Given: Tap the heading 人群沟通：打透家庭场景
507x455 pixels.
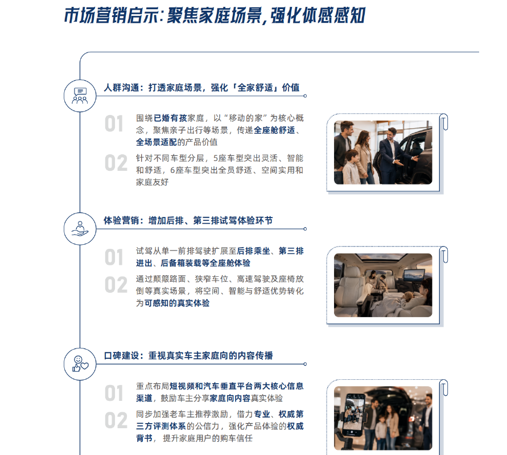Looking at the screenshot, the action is click(x=152, y=88).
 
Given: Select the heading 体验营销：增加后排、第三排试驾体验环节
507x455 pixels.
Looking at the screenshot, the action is click(x=188, y=221).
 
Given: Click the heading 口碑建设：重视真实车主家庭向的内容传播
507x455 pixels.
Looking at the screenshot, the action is click(x=188, y=356).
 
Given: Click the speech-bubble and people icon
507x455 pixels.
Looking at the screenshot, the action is click(x=80, y=96).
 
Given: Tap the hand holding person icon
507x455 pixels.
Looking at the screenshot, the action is click(x=80, y=229).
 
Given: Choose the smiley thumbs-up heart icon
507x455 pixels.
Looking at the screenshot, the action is click(x=80, y=364).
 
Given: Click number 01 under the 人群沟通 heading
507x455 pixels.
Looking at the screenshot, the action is click(x=114, y=124).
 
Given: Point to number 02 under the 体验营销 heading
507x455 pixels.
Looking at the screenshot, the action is click(x=116, y=285).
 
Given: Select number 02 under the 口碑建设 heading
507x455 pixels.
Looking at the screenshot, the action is click(x=116, y=420).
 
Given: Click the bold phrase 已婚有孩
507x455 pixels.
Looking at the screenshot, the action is click(x=170, y=118).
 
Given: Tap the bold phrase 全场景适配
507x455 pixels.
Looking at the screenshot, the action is click(x=156, y=142).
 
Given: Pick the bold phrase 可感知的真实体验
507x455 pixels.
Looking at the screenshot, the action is click(x=177, y=303).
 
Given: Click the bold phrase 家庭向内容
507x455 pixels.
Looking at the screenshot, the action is click(x=230, y=399).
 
